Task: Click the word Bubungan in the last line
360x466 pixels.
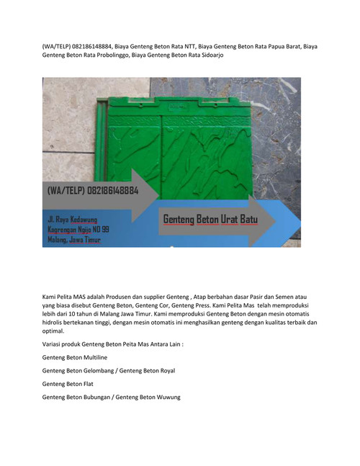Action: click(x=99, y=398)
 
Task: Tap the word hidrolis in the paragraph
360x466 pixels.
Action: click(x=58, y=323)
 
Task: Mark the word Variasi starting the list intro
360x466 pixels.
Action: click(x=53, y=345)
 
